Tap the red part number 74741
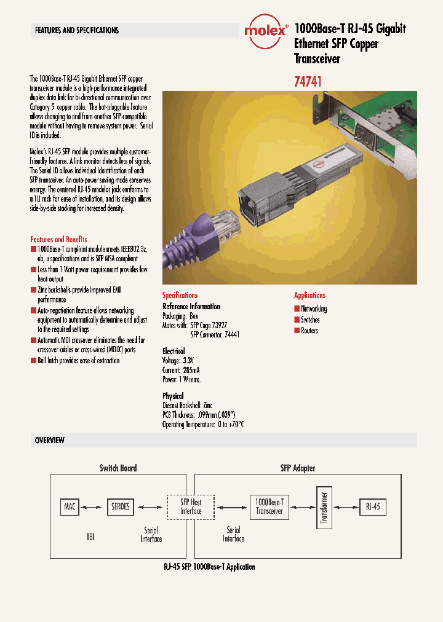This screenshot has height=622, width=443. pyautogui.click(x=309, y=81)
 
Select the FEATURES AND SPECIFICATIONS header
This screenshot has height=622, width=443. pyautogui.click(x=77, y=30)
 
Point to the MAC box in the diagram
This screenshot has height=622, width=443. pyautogui.click(x=70, y=506)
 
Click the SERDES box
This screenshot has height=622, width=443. pyautogui.click(x=120, y=506)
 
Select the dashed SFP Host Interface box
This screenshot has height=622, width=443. pyautogui.click(x=191, y=506)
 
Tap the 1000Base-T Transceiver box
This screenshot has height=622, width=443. pyautogui.click(x=269, y=506)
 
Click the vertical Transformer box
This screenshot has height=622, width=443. pyautogui.click(x=324, y=507)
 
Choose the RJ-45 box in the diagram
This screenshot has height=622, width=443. pyautogui.click(x=373, y=506)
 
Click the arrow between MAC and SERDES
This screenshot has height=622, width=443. pyautogui.click(x=92, y=507)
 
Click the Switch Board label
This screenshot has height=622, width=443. pyautogui.click(x=118, y=468)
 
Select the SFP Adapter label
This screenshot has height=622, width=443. pyautogui.click(x=298, y=468)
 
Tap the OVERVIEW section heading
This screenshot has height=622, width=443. pyautogui.click(x=50, y=441)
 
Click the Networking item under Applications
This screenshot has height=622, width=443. pyautogui.click(x=313, y=309)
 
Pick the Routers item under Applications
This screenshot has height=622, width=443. pyautogui.click(x=309, y=330)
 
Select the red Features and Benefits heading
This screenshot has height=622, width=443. pyautogui.click(x=59, y=239)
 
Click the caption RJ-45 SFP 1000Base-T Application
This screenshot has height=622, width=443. pyautogui.click(x=209, y=566)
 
